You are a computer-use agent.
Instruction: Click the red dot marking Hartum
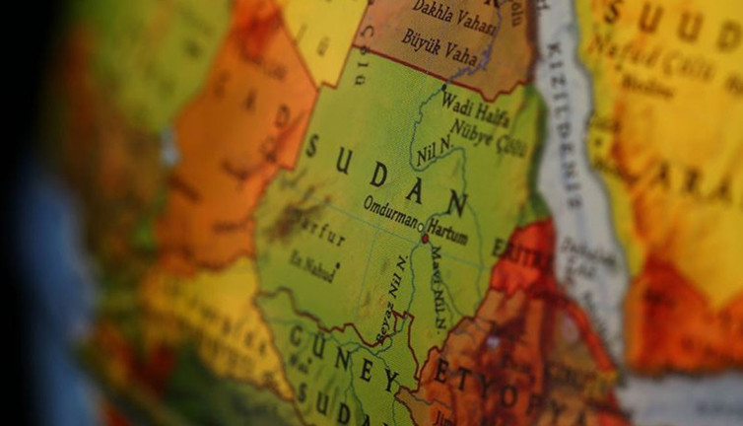coord(425,238)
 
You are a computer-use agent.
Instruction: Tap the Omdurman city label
coord(391,206)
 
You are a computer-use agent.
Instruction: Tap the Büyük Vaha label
coord(439,43)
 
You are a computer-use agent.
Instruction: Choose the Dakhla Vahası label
coord(453,13)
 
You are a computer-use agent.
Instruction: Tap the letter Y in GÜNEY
coord(389,379)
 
